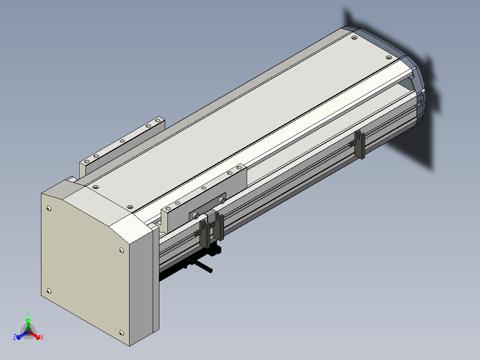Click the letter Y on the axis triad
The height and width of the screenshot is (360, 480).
click(x=28, y=313)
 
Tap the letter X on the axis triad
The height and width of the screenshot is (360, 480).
click(x=42, y=337)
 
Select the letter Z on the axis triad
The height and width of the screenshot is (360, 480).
click(x=15, y=337)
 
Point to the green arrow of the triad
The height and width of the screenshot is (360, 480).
click(x=28, y=324)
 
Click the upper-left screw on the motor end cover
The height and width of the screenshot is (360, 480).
click(x=49, y=209)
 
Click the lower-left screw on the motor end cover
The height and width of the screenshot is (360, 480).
click(x=49, y=291)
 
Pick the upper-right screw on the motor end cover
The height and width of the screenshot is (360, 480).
click(x=121, y=250)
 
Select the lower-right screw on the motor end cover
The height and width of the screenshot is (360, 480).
click(x=121, y=333)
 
